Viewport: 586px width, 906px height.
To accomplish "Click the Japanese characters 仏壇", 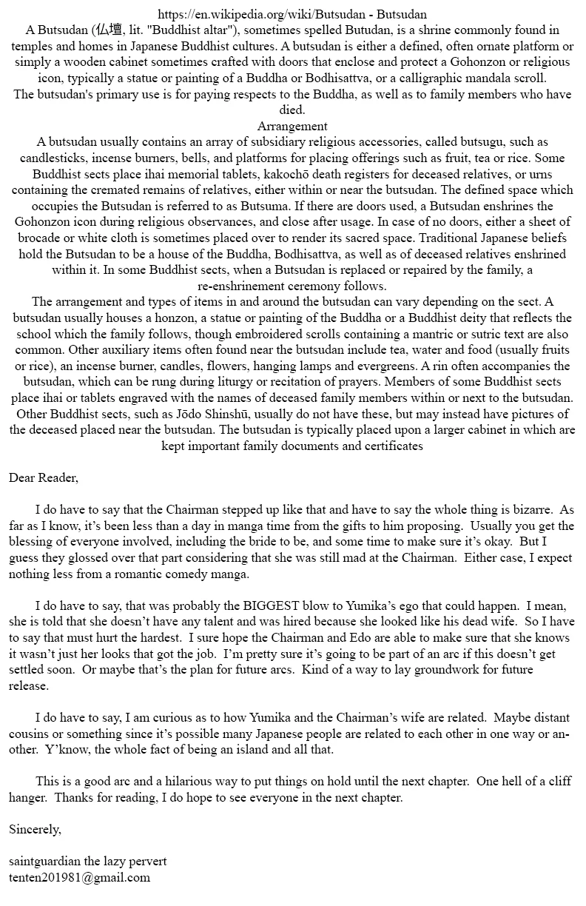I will [108, 30].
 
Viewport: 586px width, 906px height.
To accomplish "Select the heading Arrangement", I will [292, 126].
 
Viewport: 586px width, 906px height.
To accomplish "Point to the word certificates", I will [386, 446].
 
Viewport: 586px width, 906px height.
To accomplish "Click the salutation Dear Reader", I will [44, 477].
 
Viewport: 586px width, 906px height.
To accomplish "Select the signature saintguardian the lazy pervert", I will [88, 862].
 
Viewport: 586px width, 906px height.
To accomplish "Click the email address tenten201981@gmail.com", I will [79, 878].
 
